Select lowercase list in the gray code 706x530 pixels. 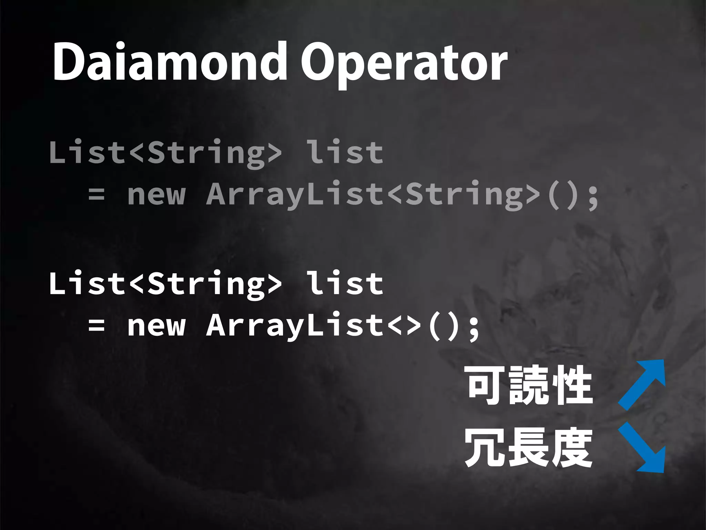[345, 152]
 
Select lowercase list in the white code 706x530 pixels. [345, 283]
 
